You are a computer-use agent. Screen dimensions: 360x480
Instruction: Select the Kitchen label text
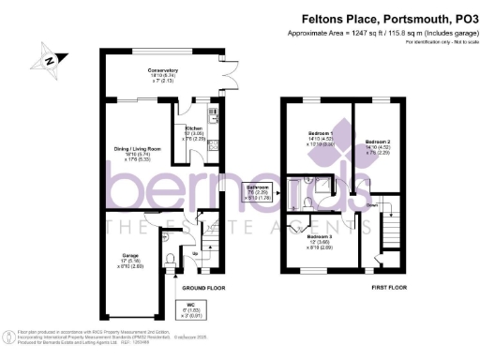click(193, 128)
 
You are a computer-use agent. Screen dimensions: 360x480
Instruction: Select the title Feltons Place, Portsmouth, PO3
click(386, 18)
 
